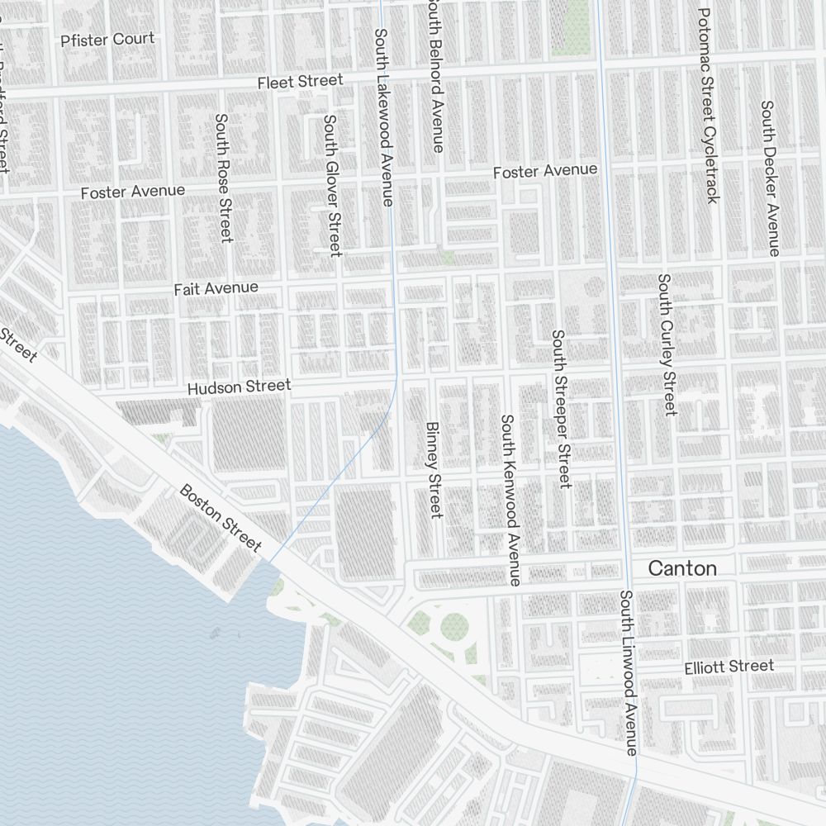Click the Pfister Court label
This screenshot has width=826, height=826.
pyautogui.click(x=107, y=39)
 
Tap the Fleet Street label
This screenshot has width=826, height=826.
pyautogui.click(x=299, y=82)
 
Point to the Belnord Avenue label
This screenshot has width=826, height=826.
pyautogui.click(x=435, y=76)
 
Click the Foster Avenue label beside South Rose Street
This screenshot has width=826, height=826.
pyautogui.click(x=133, y=192)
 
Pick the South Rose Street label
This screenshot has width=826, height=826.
pyautogui.click(x=222, y=178)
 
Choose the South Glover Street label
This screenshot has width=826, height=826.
pyautogui.click(x=332, y=185)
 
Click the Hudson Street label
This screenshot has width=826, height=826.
pyautogui.click(x=239, y=387)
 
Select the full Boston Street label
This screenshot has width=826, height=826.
pyautogui.click(x=221, y=518)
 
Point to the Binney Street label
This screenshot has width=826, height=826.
pyautogui.click(x=434, y=470)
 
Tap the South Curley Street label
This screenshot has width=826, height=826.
pyautogui.click(x=667, y=344)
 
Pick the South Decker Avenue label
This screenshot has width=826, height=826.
pyautogui.click(x=770, y=178)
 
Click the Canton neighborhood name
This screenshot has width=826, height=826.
pyautogui.click(x=681, y=568)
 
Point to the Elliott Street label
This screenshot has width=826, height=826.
pyautogui.click(x=729, y=667)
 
